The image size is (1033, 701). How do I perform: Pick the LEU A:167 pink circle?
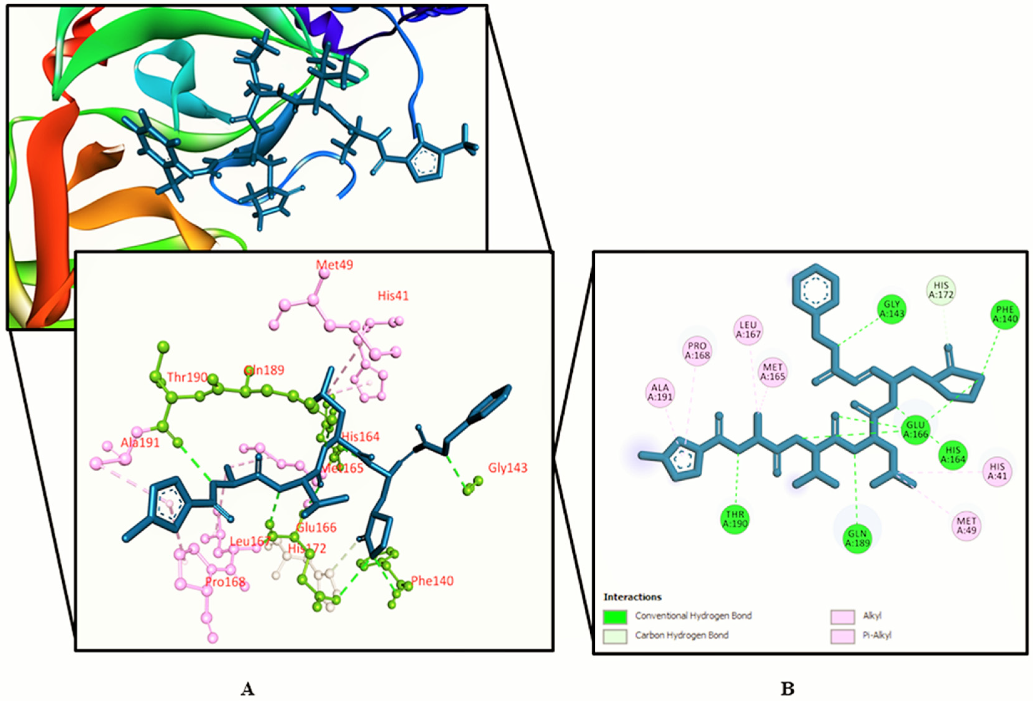pos(748,330)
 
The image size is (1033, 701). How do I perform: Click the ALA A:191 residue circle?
pos(660,392)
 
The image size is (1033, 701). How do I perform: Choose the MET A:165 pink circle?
pos(772,372)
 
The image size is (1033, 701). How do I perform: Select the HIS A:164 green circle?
pos(953,455)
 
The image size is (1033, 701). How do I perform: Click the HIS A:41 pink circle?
pos(997,471)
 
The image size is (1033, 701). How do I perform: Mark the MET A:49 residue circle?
pos(966,525)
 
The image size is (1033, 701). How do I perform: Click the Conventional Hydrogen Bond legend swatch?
pos(615,617)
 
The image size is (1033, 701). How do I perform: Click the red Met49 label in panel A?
pos(334,265)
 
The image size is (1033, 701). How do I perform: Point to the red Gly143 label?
pos(508,468)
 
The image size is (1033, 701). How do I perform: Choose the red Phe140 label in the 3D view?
pos(432,581)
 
